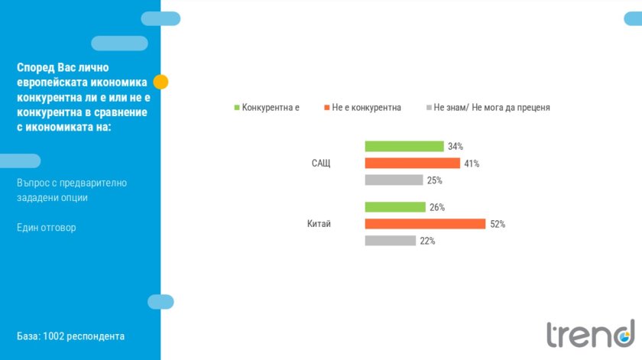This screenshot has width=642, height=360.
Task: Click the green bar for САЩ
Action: [x=404, y=146]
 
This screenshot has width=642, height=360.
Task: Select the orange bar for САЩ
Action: [x=413, y=163]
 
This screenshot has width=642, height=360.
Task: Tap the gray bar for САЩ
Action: [x=394, y=180]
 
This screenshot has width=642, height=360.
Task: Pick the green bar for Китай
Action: [x=395, y=207]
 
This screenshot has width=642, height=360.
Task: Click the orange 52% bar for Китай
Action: [x=425, y=224]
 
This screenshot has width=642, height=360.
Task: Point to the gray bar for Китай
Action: [x=390, y=241]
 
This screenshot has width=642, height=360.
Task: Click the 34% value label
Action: [x=456, y=146]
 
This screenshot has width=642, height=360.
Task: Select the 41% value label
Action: [x=472, y=164]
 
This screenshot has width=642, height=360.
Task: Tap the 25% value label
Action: [x=434, y=180]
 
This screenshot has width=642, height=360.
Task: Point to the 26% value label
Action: [x=437, y=207]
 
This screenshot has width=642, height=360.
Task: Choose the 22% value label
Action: [x=427, y=241]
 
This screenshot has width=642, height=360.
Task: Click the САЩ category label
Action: [x=321, y=164]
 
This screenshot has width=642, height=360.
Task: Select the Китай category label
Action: [x=319, y=224]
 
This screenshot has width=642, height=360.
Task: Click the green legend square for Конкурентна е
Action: [x=237, y=108]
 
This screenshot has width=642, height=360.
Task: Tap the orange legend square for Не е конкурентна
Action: [x=326, y=108]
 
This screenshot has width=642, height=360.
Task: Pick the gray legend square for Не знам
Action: [x=429, y=108]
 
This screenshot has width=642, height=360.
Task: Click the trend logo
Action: [x=590, y=333]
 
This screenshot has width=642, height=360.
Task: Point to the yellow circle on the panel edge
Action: [x=160, y=82]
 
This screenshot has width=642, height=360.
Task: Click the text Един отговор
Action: [x=47, y=228]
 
